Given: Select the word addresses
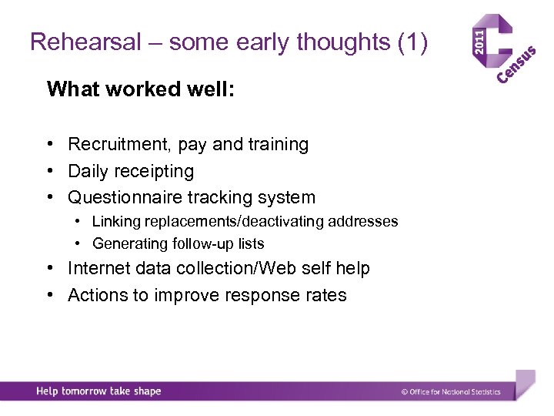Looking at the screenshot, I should pyautogui.click(x=363, y=222).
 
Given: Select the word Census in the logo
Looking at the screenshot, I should pyautogui.click(x=516, y=65).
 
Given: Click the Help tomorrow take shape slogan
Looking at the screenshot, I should pyautogui.click(x=98, y=391).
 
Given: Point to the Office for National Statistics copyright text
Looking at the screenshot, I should pyautogui.click(x=451, y=392).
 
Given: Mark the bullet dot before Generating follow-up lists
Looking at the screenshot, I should pyautogui.click(x=80, y=244).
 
